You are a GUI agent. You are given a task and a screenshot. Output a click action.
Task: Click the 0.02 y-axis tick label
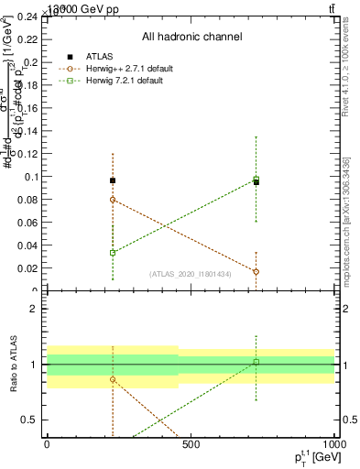point(28,268)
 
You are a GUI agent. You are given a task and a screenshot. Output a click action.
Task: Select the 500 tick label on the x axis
point(191,444)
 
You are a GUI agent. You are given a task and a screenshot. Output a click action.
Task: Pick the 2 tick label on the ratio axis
point(35,309)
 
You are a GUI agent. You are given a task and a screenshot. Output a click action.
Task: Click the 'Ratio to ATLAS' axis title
point(15,364)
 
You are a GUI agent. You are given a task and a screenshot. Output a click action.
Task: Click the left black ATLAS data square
point(113,180)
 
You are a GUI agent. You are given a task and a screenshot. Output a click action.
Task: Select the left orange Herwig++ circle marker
point(113,199)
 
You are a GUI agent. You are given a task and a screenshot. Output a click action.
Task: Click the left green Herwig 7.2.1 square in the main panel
point(113,253)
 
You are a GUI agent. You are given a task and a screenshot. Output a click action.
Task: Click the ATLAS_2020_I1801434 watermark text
point(191,274)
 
